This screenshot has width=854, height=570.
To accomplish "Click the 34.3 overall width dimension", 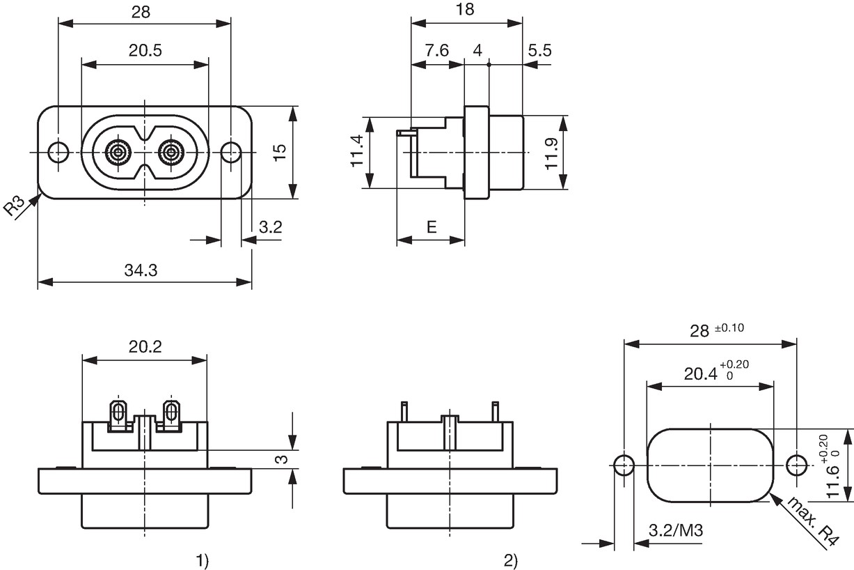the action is tap(141, 270).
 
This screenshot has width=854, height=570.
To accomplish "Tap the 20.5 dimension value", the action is tap(145, 50).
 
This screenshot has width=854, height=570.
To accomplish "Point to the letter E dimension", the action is tap(432, 227).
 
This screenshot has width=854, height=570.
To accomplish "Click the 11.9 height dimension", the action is tap(551, 153).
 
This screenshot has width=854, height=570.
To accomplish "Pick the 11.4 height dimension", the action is tap(357, 151).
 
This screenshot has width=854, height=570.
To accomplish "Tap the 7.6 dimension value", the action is tap(437, 50).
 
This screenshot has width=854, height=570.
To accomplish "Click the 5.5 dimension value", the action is tap(540, 50).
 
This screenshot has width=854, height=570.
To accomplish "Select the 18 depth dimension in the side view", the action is tap(465, 10).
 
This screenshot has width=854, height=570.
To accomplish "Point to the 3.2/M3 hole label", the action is tap(676, 530).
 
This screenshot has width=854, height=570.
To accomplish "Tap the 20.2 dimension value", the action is tap(145, 346).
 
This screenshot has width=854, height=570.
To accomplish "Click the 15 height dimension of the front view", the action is tap(280, 153).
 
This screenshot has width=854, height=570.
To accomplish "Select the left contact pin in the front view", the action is tap(118, 153).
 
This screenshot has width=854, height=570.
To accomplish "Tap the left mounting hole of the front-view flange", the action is tap(58, 153).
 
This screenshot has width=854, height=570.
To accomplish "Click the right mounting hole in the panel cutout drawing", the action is tap(797, 465).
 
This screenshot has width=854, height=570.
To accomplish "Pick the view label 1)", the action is tap(203, 561).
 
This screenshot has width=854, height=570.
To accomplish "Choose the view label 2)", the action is tap(511, 561).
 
